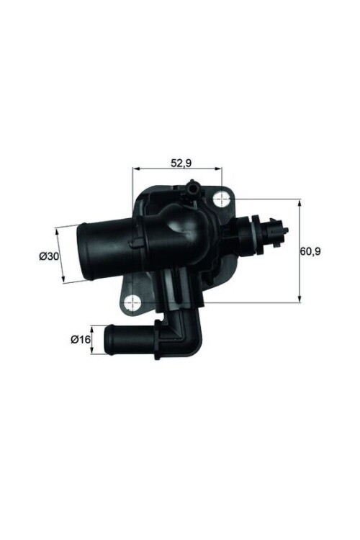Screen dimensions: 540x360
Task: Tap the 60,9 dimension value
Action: point(311,251)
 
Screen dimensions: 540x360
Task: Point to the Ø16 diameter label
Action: point(80,339)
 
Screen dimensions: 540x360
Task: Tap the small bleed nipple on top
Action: point(193,189)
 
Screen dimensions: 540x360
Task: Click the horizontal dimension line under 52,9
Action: point(178,172)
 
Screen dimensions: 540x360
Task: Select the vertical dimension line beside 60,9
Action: point(299,251)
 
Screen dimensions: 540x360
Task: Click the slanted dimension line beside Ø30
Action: point(60,256)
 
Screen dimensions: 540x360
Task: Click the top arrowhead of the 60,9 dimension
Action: point(299,203)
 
